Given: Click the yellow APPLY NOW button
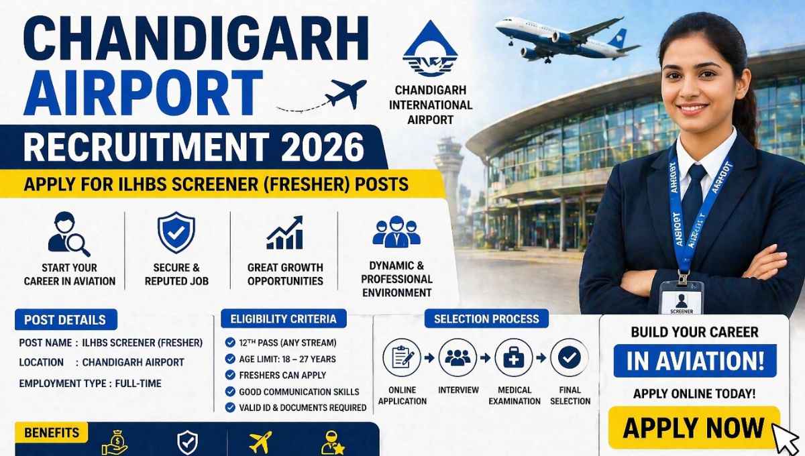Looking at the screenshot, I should pyautogui.click(x=694, y=427).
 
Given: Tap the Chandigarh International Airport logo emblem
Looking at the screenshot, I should pyautogui.click(x=429, y=50).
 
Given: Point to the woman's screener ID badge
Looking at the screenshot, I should pyautogui.click(x=681, y=297).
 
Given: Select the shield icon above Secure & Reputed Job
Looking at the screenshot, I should pyautogui.click(x=176, y=232).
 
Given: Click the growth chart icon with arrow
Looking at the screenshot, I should pyautogui.click(x=284, y=233).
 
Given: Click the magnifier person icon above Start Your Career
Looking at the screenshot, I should pyautogui.click(x=68, y=234).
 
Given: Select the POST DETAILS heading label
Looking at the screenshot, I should pyautogui.click(x=64, y=320).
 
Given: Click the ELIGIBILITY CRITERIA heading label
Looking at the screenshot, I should pyautogui.click(x=283, y=319).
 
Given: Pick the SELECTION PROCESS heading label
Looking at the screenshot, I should pyautogui.click(x=486, y=319).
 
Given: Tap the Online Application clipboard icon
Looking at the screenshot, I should pyautogui.click(x=402, y=357).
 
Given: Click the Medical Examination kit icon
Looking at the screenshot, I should pyautogui.click(x=514, y=357).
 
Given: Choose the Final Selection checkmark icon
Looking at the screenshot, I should pyautogui.click(x=570, y=357).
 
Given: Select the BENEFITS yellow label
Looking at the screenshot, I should pyautogui.click(x=51, y=433).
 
